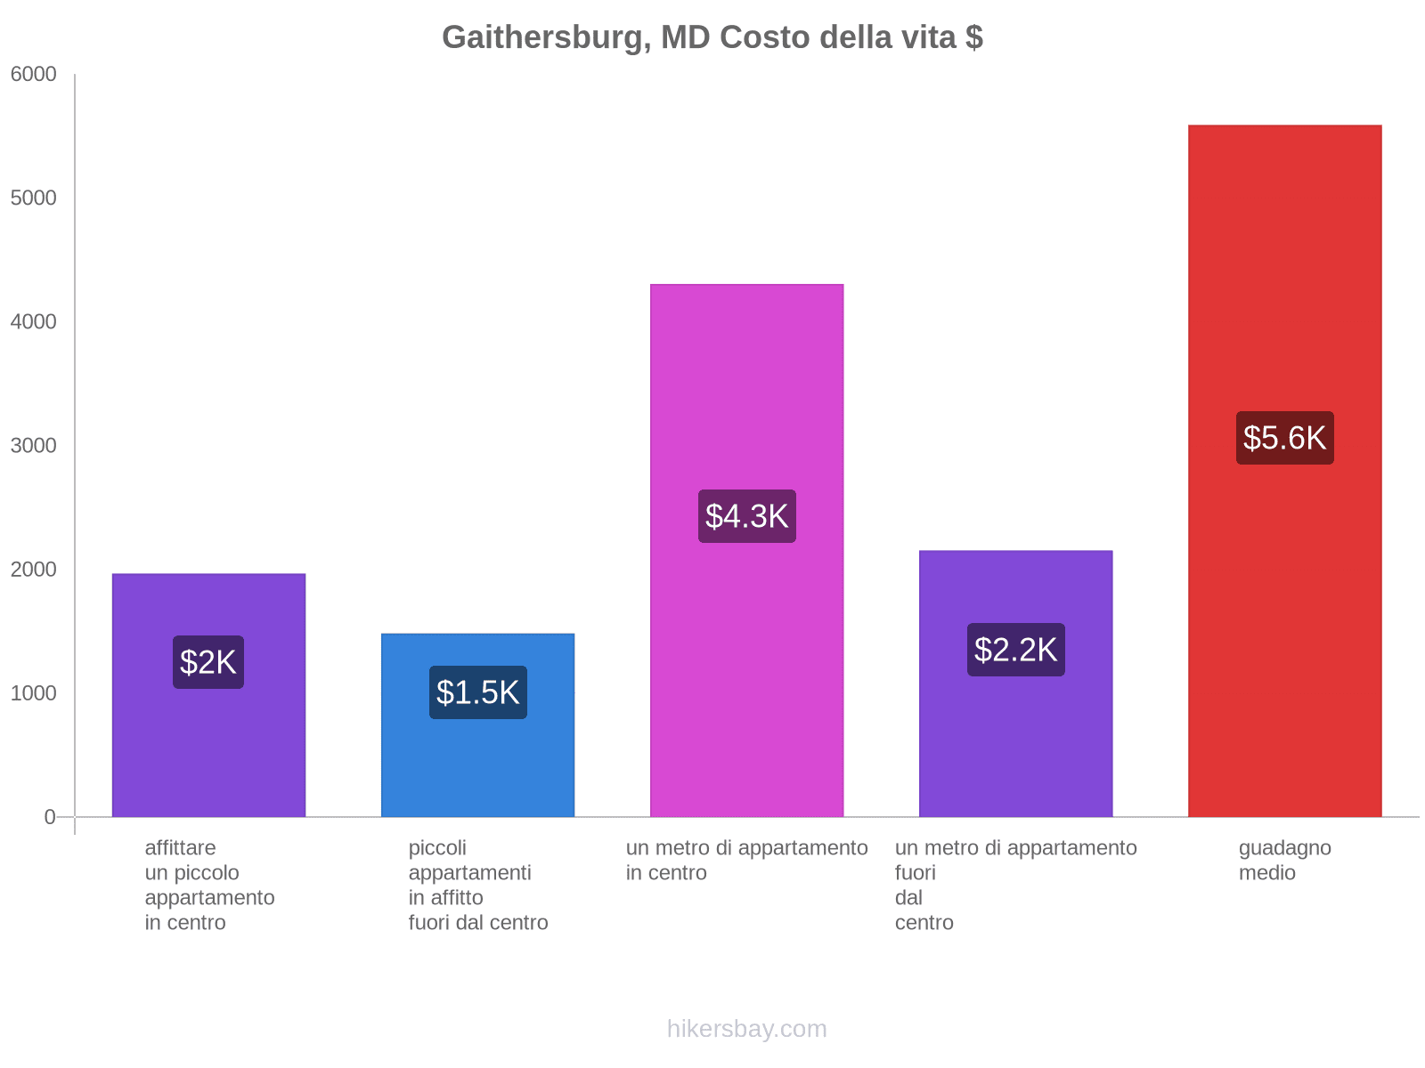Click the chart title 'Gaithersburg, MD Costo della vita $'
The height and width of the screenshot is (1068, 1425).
[x=712, y=37]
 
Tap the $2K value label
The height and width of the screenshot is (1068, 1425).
[x=208, y=662]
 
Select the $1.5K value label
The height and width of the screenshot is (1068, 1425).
[x=477, y=692]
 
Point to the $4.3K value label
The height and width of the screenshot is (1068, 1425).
[x=746, y=516]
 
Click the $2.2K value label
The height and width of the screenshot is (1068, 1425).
[x=1015, y=650]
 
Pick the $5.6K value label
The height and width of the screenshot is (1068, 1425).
[x=1284, y=438]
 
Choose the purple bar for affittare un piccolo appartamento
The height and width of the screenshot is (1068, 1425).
[x=208, y=756]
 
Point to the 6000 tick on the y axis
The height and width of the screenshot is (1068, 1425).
[x=34, y=75]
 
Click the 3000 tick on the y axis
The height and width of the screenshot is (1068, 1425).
[x=34, y=446]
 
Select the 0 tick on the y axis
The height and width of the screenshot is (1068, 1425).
[x=50, y=817]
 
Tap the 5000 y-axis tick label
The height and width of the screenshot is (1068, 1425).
[x=34, y=198]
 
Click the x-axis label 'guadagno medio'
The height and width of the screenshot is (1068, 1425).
[x=1284, y=861]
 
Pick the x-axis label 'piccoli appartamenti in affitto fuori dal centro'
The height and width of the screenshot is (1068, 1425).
[x=477, y=886]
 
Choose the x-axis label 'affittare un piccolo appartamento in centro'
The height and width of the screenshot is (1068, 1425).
[x=209, y=886]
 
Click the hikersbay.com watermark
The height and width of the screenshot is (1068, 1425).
[x=746, y=1029]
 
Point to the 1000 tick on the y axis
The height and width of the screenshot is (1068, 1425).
[x=34, y=693]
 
